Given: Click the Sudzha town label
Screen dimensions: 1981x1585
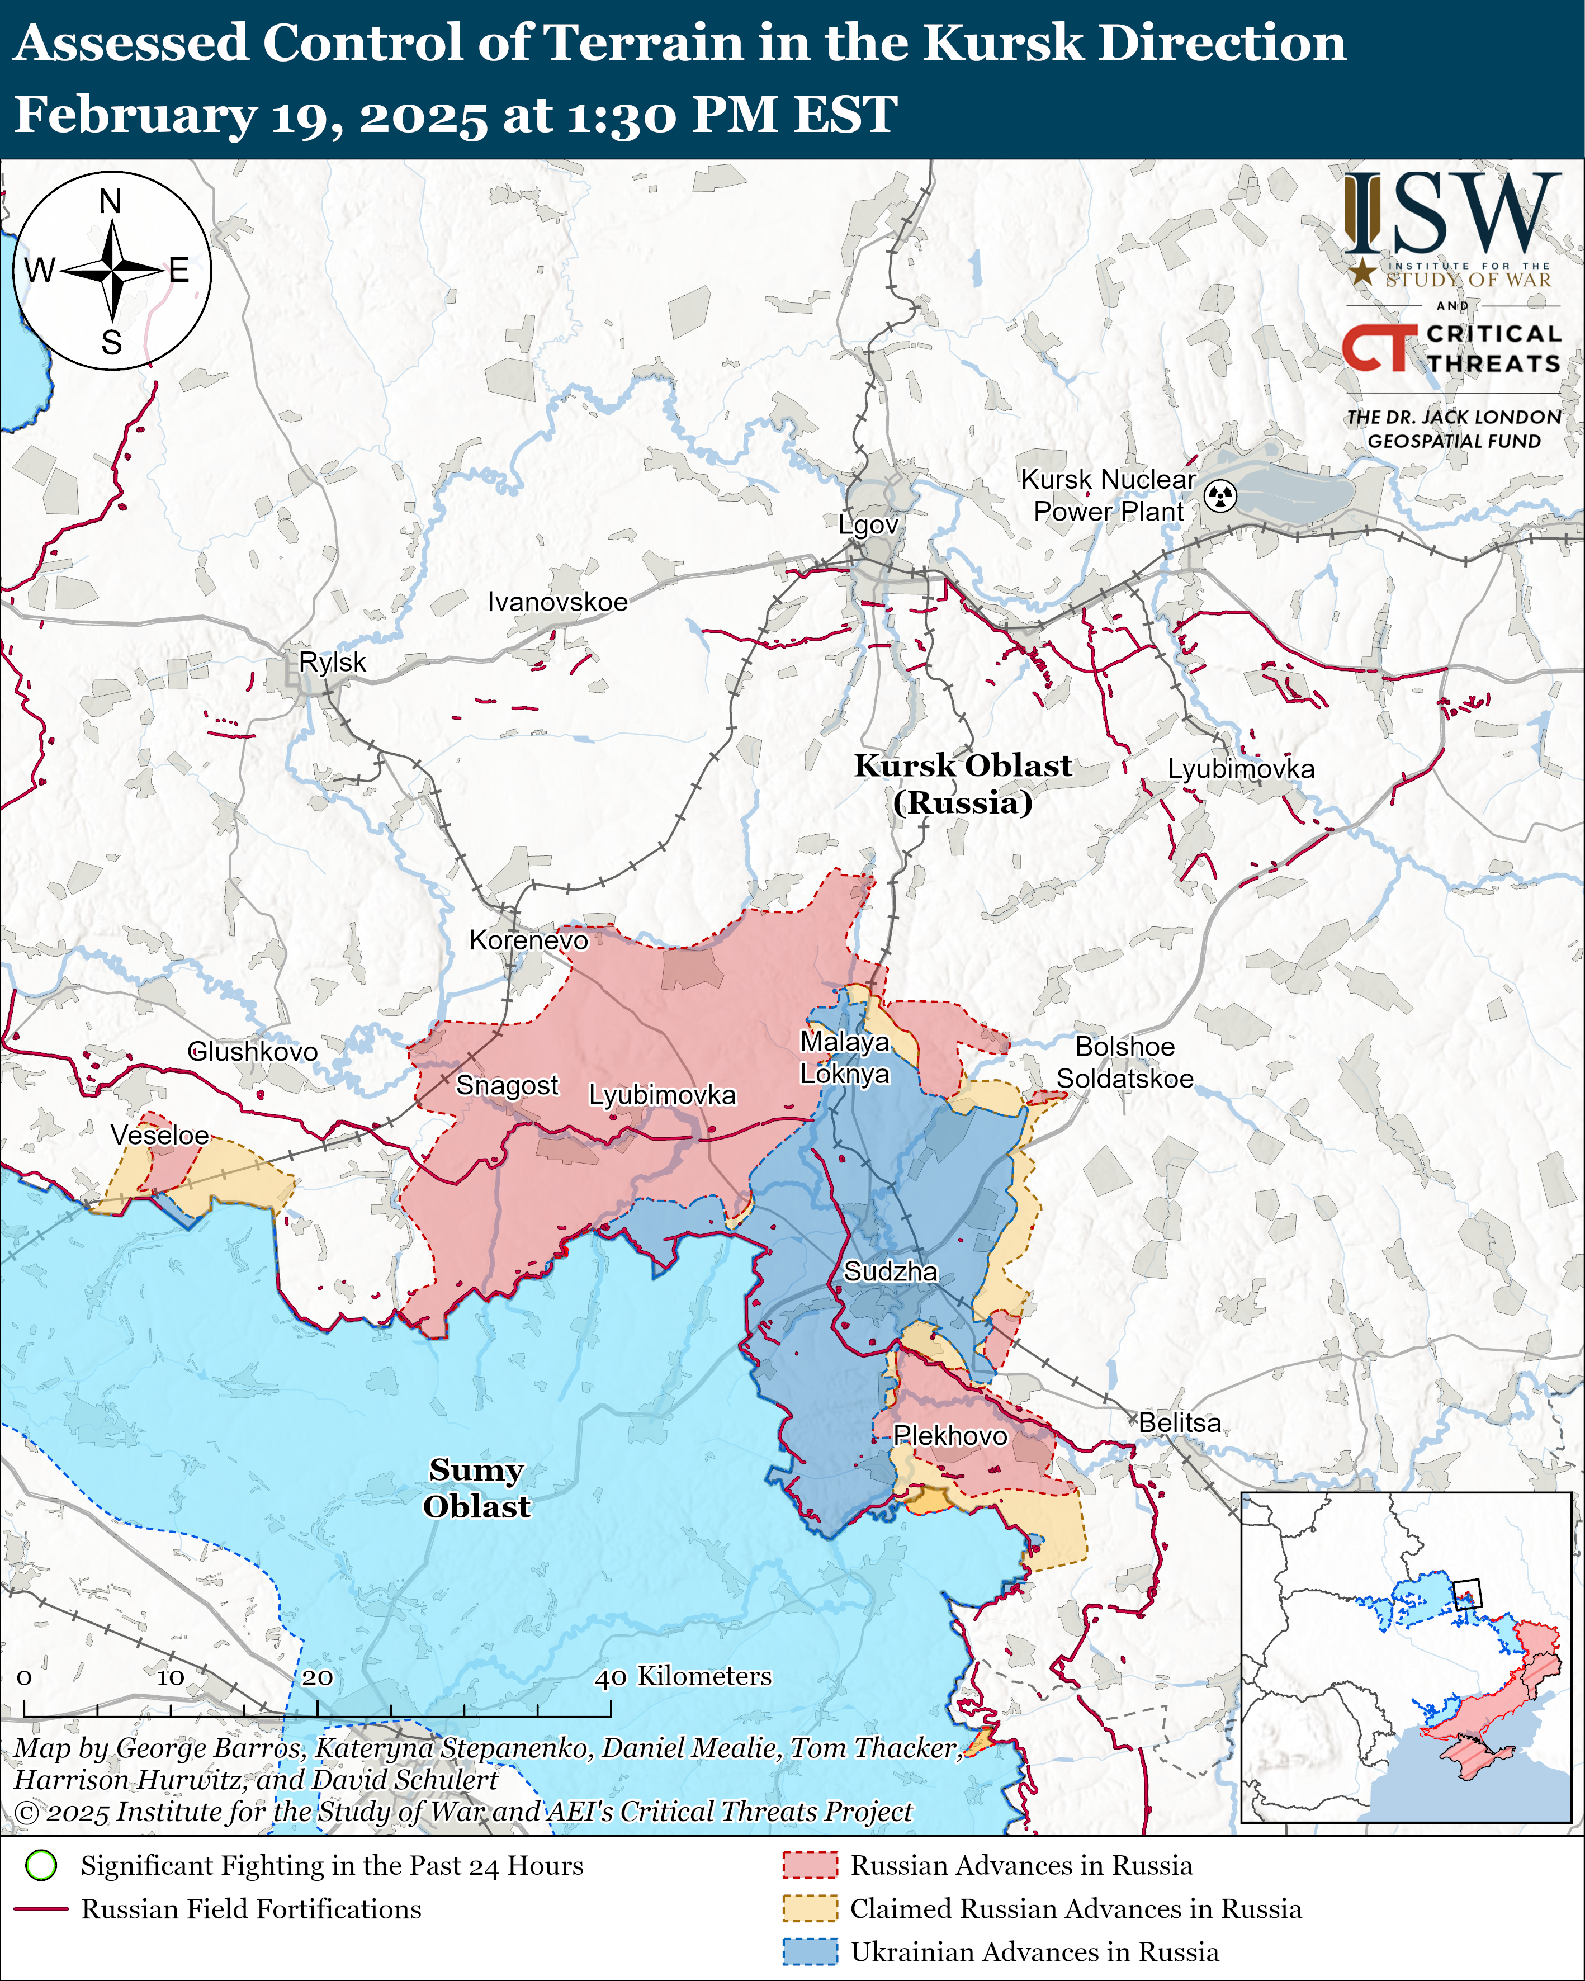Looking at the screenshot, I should [891, 1271].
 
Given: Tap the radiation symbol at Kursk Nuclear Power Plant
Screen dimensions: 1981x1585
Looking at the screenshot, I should [1220, 496].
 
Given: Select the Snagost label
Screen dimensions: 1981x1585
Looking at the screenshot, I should [507, 1085].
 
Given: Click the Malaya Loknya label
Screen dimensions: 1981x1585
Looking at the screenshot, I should [844, 1057].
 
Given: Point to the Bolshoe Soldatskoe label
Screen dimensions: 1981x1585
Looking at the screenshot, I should [1125, 1062].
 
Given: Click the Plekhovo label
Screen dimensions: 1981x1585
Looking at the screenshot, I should [950, 1435].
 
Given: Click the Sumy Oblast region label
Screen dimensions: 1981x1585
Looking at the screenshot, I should [476, 1488].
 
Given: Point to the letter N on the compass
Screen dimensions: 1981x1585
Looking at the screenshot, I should [110, 201].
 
